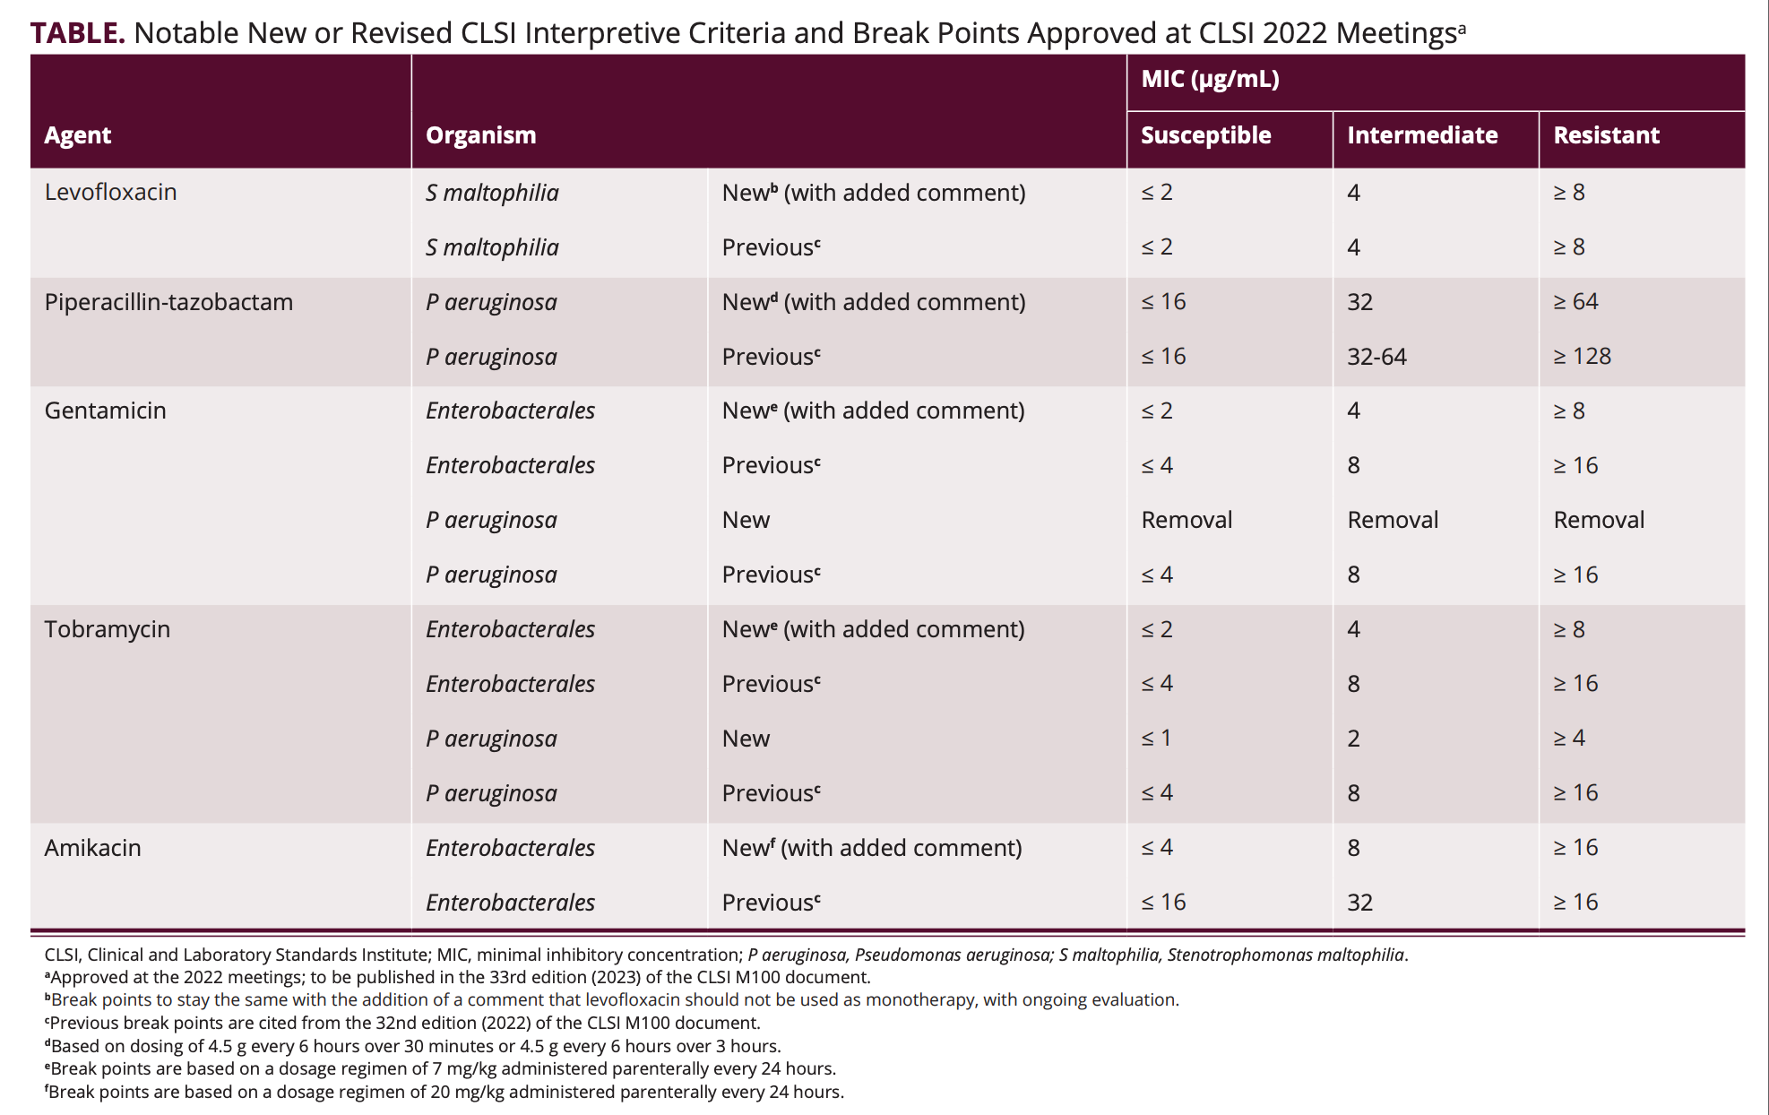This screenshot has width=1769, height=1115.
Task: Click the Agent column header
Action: [78, 135]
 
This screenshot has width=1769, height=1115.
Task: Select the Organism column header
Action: [480, 135]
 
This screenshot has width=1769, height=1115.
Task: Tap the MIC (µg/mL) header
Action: [1210, 79]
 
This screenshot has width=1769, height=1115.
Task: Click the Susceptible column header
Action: [1205, 135]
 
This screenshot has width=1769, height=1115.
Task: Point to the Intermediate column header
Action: [1422, 135]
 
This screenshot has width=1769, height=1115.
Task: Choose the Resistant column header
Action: [1606, 135]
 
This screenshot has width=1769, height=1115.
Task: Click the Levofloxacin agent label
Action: [110, 192]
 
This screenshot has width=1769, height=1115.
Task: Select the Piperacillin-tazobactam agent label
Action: [168, 302]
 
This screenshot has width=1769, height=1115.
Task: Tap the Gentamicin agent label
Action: [105, 411]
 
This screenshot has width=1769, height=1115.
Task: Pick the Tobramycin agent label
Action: [107, 629]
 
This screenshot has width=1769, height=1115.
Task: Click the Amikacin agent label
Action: [92, 848]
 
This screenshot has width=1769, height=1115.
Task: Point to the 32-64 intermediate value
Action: [1376, 357]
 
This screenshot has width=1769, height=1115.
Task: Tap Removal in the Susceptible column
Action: [1187, 520]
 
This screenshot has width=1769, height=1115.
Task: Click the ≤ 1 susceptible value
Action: [1156, 739]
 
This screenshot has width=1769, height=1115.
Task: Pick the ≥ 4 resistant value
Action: [1569, 739]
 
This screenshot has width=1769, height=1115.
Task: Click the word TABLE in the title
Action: [77, 33]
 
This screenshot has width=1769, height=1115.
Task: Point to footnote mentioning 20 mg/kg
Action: [444, 1092]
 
